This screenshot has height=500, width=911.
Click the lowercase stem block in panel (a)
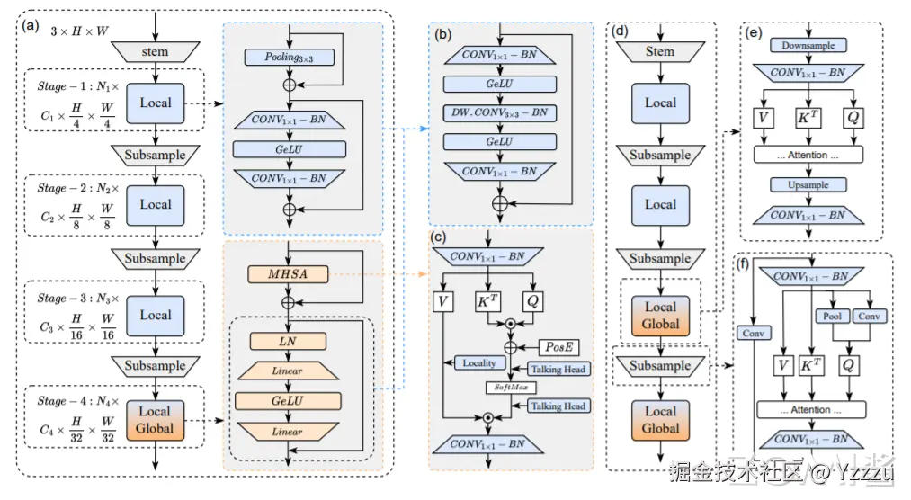pyautogui.click(x=155, y=52)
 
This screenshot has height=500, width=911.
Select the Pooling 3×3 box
pyautogui.click(x=289, y=58)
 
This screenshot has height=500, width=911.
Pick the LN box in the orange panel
pyautogui.click(x=289, y=342)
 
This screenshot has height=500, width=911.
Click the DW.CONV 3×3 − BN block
pyautogui.click(x=500, y=113)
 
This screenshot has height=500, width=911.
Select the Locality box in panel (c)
pyautogui.click(x=479, y=363)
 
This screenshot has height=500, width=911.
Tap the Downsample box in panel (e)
pyautogui.click(x=808, y=45)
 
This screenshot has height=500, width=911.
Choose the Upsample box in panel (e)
pyautogui.click(x=808, y=184)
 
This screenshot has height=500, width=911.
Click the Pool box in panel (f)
pyautogui.click(x=830, y=317)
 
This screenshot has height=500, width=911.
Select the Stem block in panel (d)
pyautogui.click(x=659, y=51)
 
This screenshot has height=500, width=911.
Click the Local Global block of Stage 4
pyautogui.click(x=156, y=420)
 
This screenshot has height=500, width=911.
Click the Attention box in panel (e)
pyautogui.click(x=808, y=155)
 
